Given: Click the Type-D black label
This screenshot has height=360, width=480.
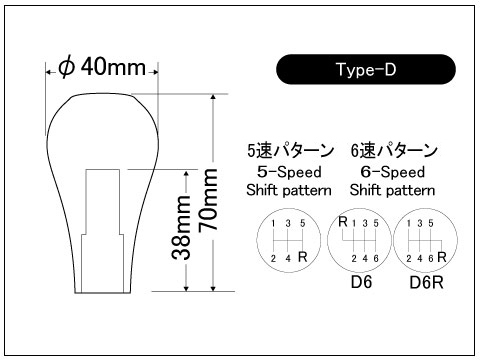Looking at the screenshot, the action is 366,69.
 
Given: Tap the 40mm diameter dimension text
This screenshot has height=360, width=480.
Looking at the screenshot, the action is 113,67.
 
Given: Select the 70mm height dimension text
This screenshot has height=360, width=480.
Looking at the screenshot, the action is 208,200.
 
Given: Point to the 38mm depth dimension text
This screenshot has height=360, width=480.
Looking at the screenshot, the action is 182,227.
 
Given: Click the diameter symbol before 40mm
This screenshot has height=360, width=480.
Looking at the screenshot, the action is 66,67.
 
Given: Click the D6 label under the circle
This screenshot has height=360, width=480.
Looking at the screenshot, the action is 361,282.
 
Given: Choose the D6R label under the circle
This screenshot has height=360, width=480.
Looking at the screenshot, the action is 426,283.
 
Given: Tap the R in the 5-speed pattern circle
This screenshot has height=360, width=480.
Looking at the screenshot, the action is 302,257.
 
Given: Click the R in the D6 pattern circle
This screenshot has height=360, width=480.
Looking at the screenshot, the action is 343,222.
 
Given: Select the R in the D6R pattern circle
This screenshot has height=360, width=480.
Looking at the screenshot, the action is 442,257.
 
